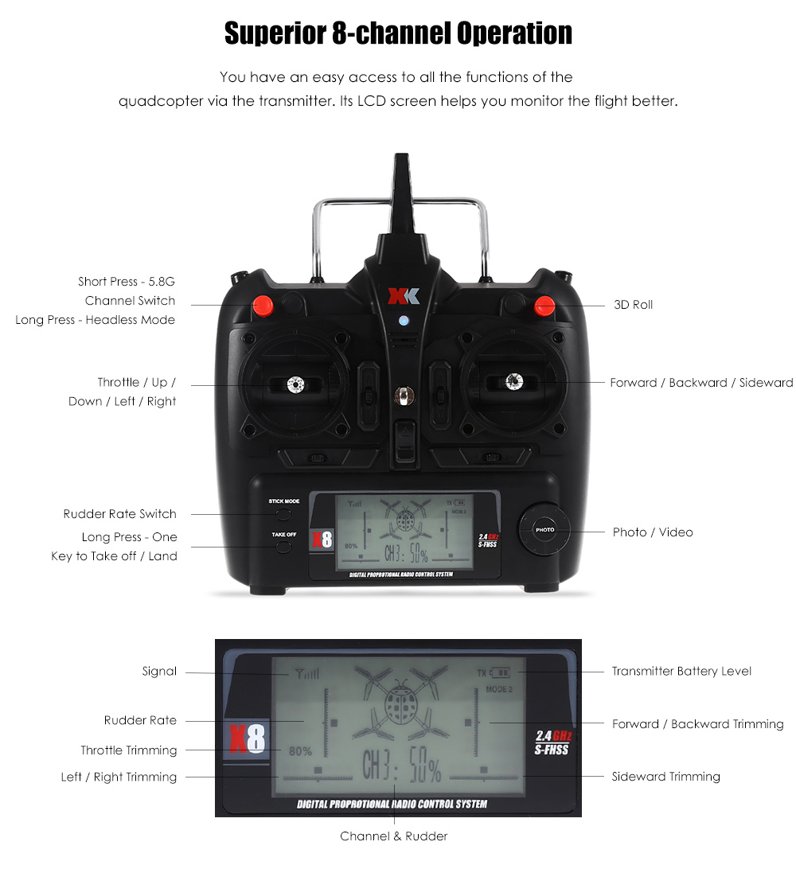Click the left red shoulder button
[262, 305]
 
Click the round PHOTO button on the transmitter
[545, 529]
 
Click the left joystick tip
[296, 384]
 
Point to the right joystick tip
[513, 383]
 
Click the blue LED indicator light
[404, 322]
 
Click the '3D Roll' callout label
[633, 305]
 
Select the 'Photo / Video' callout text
[653, 532]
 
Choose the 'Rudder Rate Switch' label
[120, 514]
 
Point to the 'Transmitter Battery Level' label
[681, 671]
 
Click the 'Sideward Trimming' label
[665, 776]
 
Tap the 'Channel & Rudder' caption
[393, 836]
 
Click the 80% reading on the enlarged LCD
[300, 750]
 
